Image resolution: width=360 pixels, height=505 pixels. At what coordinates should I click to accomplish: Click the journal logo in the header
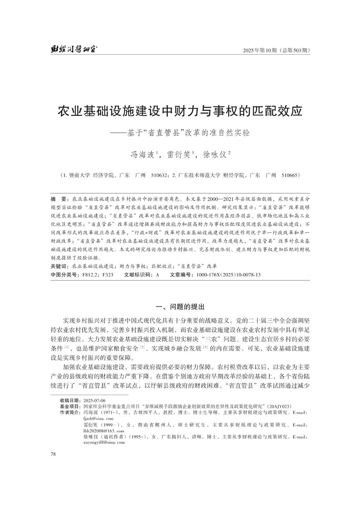tap(74, 49)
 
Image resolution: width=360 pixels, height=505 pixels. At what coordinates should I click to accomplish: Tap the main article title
tap(180, 111)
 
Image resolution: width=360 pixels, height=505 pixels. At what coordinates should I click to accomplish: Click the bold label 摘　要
tap(58, 199)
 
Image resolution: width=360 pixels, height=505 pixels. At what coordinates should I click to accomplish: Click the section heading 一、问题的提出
tap(180, 307)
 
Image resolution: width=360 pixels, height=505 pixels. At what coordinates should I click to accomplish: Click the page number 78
tap(53, 454)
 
